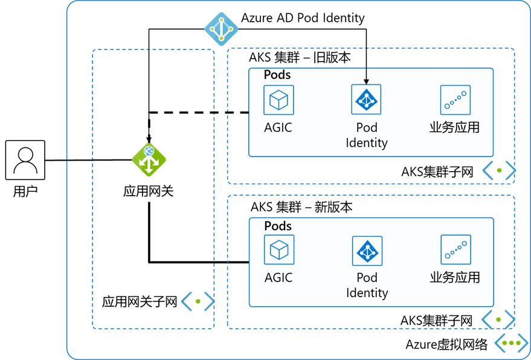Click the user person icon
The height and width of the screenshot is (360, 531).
[25, 160]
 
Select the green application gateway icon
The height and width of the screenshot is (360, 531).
[149, 159]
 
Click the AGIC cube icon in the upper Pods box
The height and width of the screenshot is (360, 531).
[278, 100]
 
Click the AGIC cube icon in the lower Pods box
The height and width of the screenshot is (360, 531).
[278, 250]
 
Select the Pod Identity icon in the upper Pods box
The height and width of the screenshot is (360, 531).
[367, 99]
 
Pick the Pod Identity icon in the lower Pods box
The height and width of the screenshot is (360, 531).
[367, 251]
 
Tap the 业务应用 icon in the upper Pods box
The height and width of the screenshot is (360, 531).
[455, 100]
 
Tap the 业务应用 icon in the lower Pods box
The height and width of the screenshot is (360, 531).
[455, 250]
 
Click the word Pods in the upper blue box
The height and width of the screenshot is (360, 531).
[277, 75]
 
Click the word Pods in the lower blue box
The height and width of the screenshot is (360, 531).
[278, 226]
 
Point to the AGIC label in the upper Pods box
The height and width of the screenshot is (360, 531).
[278, 127]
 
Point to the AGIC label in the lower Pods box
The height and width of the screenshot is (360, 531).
[278, 278]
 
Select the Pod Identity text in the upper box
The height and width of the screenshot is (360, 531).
[367, 135]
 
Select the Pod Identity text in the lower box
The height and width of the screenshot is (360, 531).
[367, 285]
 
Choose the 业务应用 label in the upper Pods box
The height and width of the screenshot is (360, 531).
[454, 127]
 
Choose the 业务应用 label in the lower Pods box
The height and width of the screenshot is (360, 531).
[454, 278]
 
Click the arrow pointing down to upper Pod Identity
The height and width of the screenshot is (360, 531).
[365, 76]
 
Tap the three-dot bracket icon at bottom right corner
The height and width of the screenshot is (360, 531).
[511, 343]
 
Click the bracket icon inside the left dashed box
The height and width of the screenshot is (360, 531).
[198, 301]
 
